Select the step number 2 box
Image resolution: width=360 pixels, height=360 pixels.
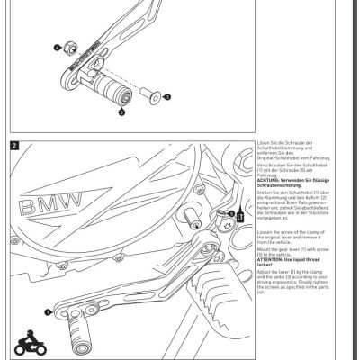pos(14,144)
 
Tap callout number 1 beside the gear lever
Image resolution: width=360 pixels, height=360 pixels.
pos(48,310)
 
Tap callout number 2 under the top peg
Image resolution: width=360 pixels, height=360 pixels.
pos(121,114)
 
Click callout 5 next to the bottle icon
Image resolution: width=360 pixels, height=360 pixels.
pos(230,213)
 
